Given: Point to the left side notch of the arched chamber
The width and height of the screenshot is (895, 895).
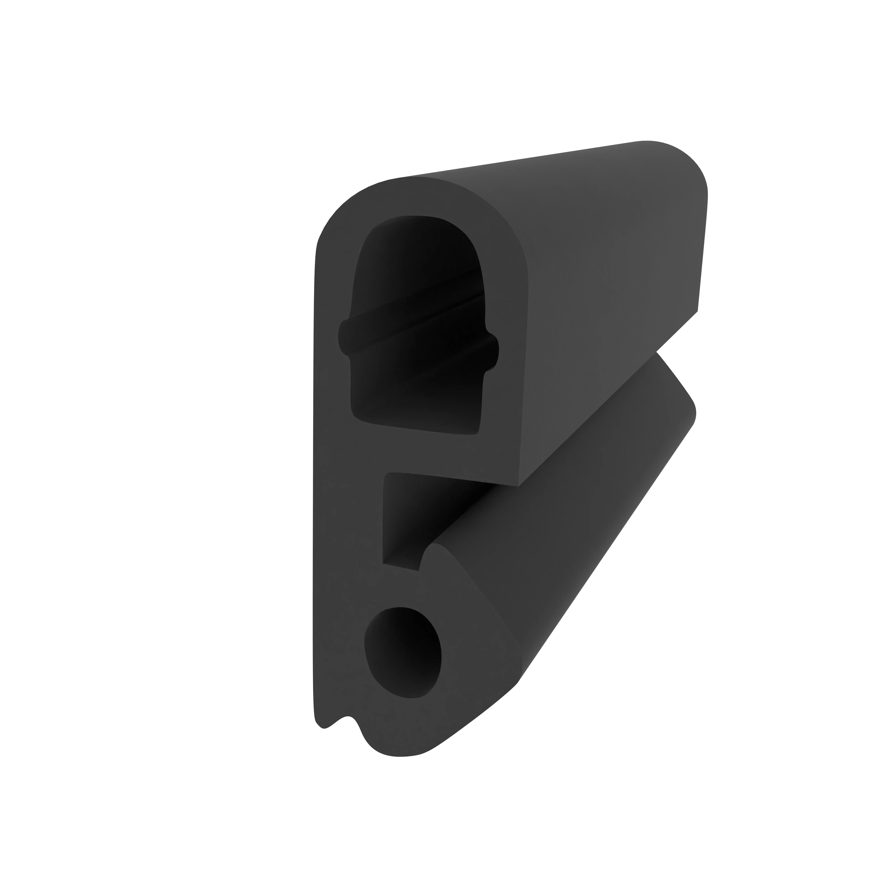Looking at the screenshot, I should click(x=344, y=337).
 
